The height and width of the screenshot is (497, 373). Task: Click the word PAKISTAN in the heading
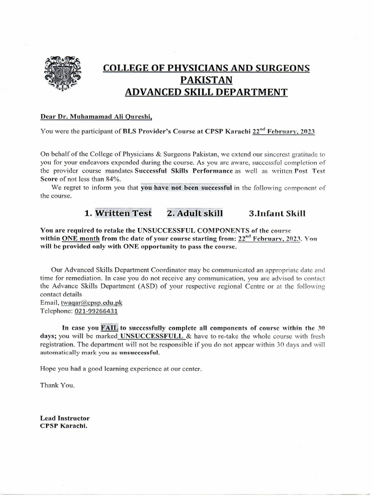coord(206,80)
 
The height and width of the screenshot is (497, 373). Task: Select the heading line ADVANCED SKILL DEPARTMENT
coord(206,92)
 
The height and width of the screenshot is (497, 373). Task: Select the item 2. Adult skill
coord(195,213)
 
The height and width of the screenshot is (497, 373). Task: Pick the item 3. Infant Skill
coord(276,213)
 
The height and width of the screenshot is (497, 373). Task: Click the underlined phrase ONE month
coord(81,239)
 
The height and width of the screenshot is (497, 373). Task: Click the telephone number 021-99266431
coord(95,311)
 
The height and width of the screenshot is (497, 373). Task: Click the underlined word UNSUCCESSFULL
coord(151,336)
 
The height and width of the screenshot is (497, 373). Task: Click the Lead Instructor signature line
coord(65,418)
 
